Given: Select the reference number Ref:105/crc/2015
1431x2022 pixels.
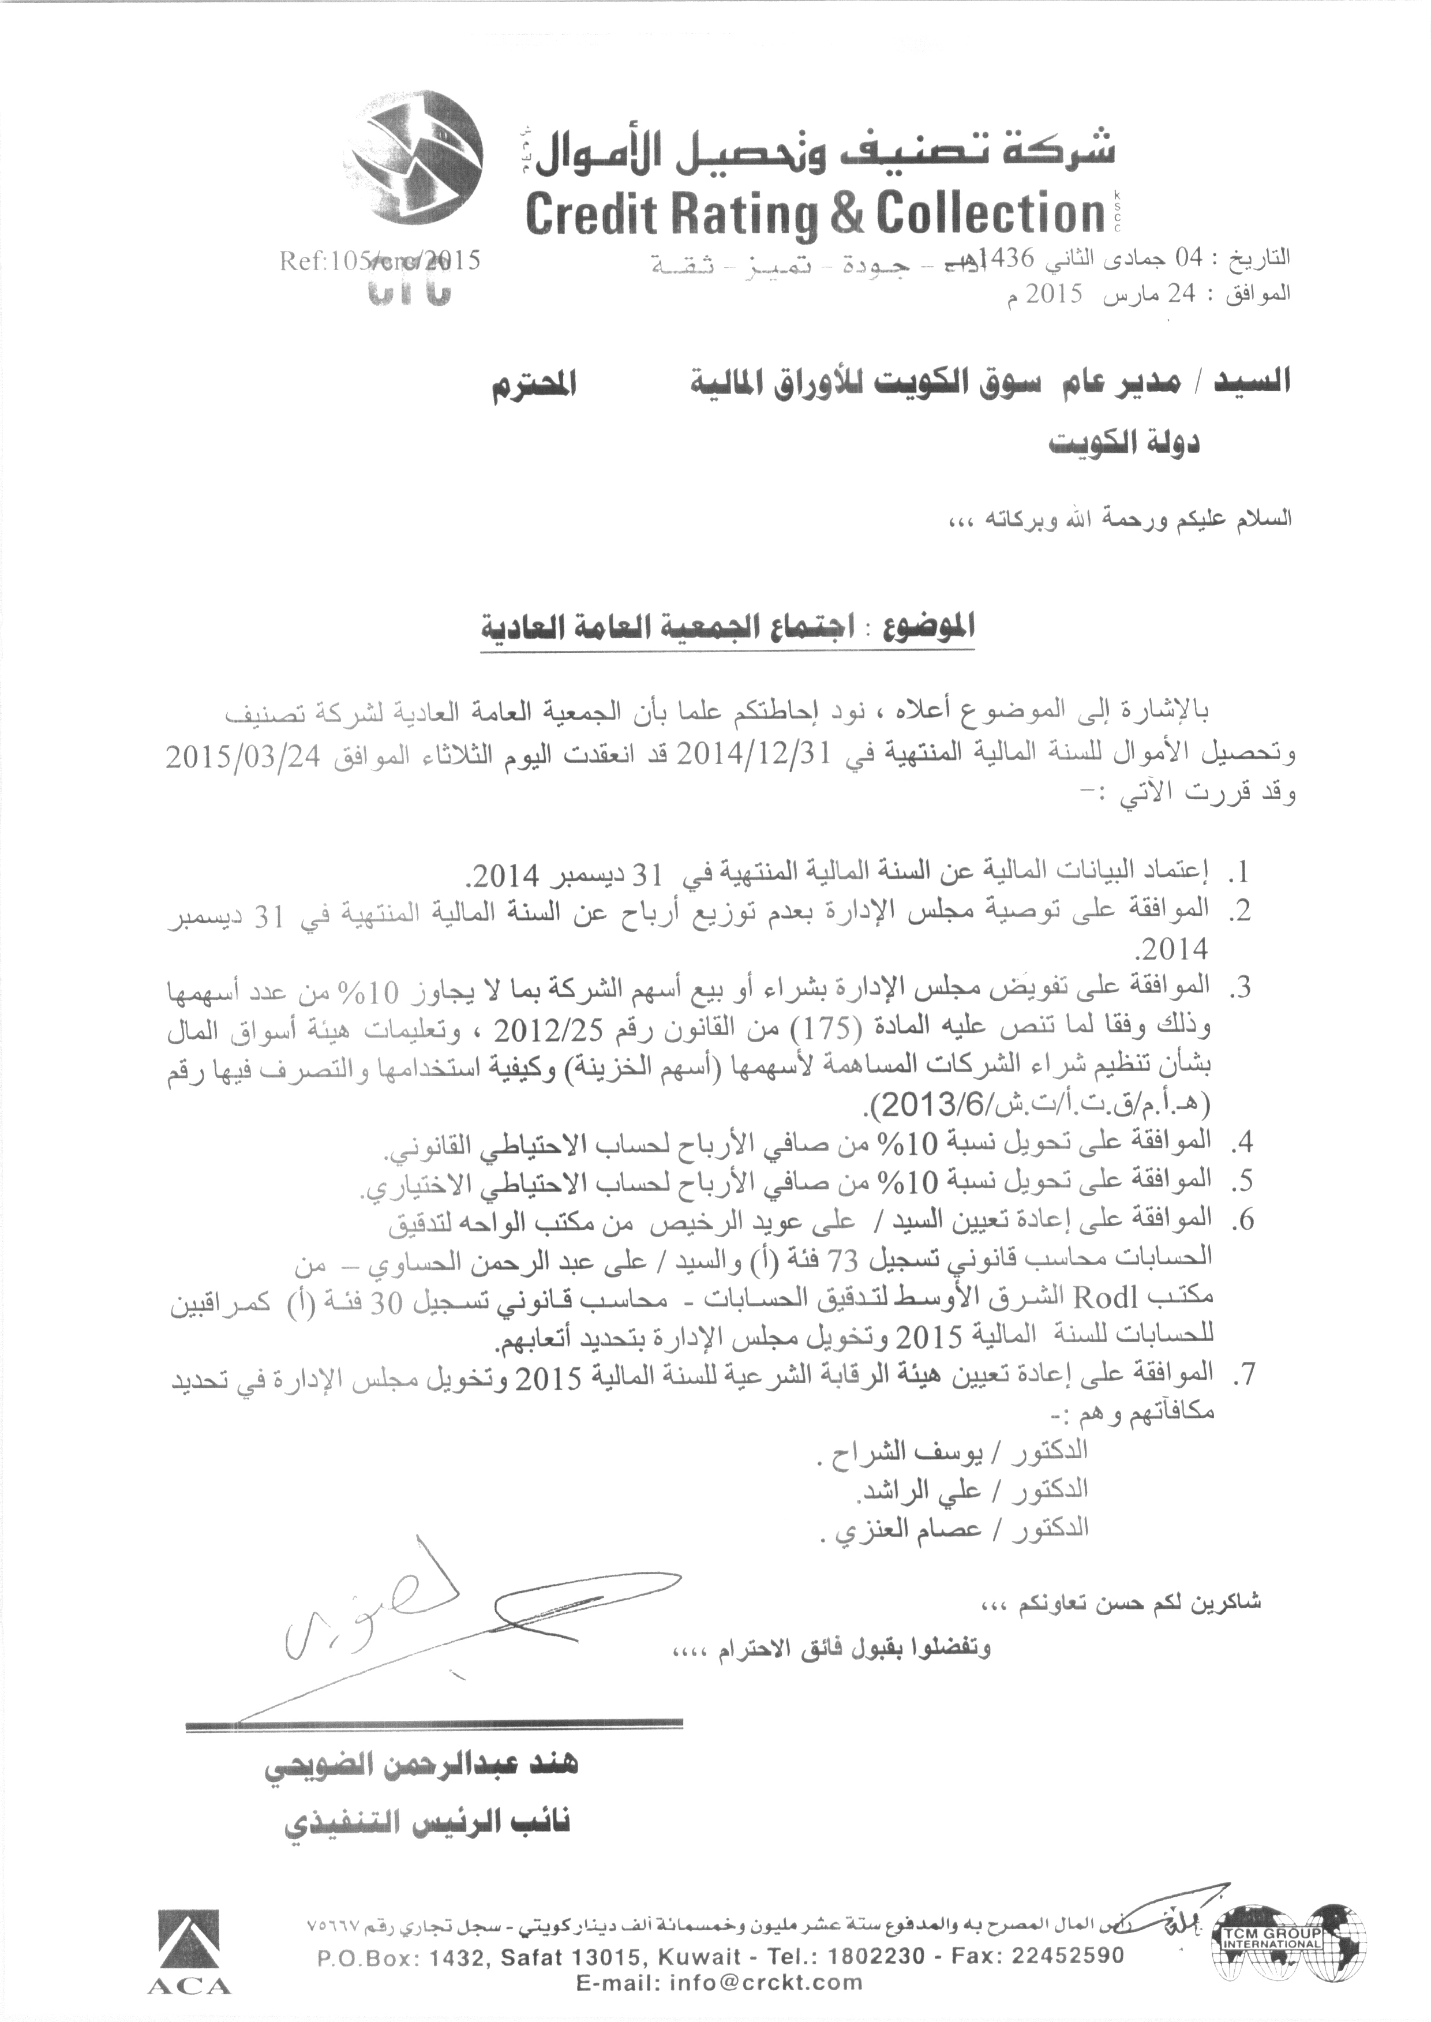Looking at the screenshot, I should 379,261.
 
